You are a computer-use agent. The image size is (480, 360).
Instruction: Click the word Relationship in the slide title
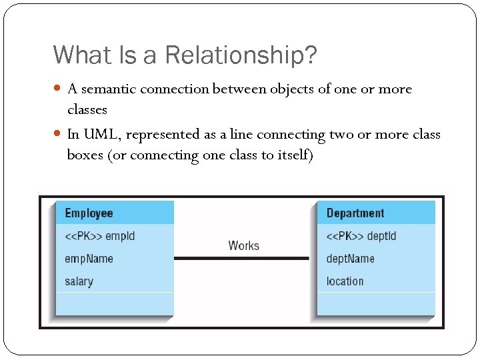[241, 55]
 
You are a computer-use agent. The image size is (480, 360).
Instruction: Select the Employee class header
[89, 213]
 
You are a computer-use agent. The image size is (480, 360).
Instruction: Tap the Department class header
[355, 213]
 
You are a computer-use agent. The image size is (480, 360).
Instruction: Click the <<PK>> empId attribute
[100, 236]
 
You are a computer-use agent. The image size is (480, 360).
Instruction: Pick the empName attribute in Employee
[89, 259]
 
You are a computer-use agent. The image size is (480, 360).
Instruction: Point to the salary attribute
[79, 281]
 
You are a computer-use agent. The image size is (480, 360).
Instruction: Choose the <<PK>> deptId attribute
[361, 236]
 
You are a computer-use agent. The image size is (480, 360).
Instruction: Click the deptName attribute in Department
[351, 259]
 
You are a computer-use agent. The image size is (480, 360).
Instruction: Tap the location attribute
[345, 281]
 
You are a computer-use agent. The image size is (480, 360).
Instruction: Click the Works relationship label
[243, 245]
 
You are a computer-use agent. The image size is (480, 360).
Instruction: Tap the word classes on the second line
[87, 109]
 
